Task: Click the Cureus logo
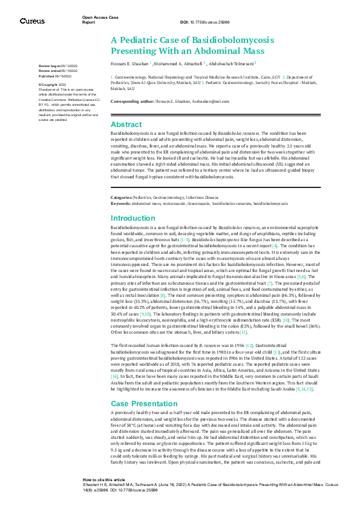(31, 21)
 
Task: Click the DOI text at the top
(205, 22)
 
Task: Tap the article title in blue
(192, 44)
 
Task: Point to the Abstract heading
(126, 123)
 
